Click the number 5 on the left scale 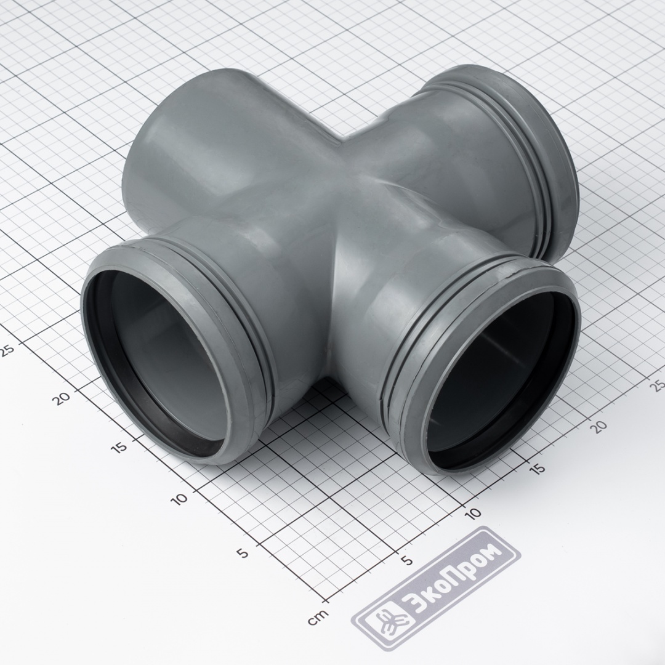point(243,553)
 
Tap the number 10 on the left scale point(179,498)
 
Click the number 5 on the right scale point(407,560)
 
